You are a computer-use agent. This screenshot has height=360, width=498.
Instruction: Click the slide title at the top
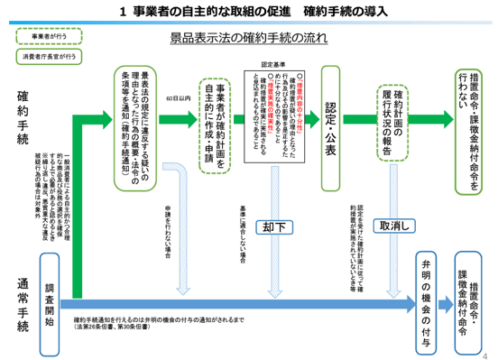249,11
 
